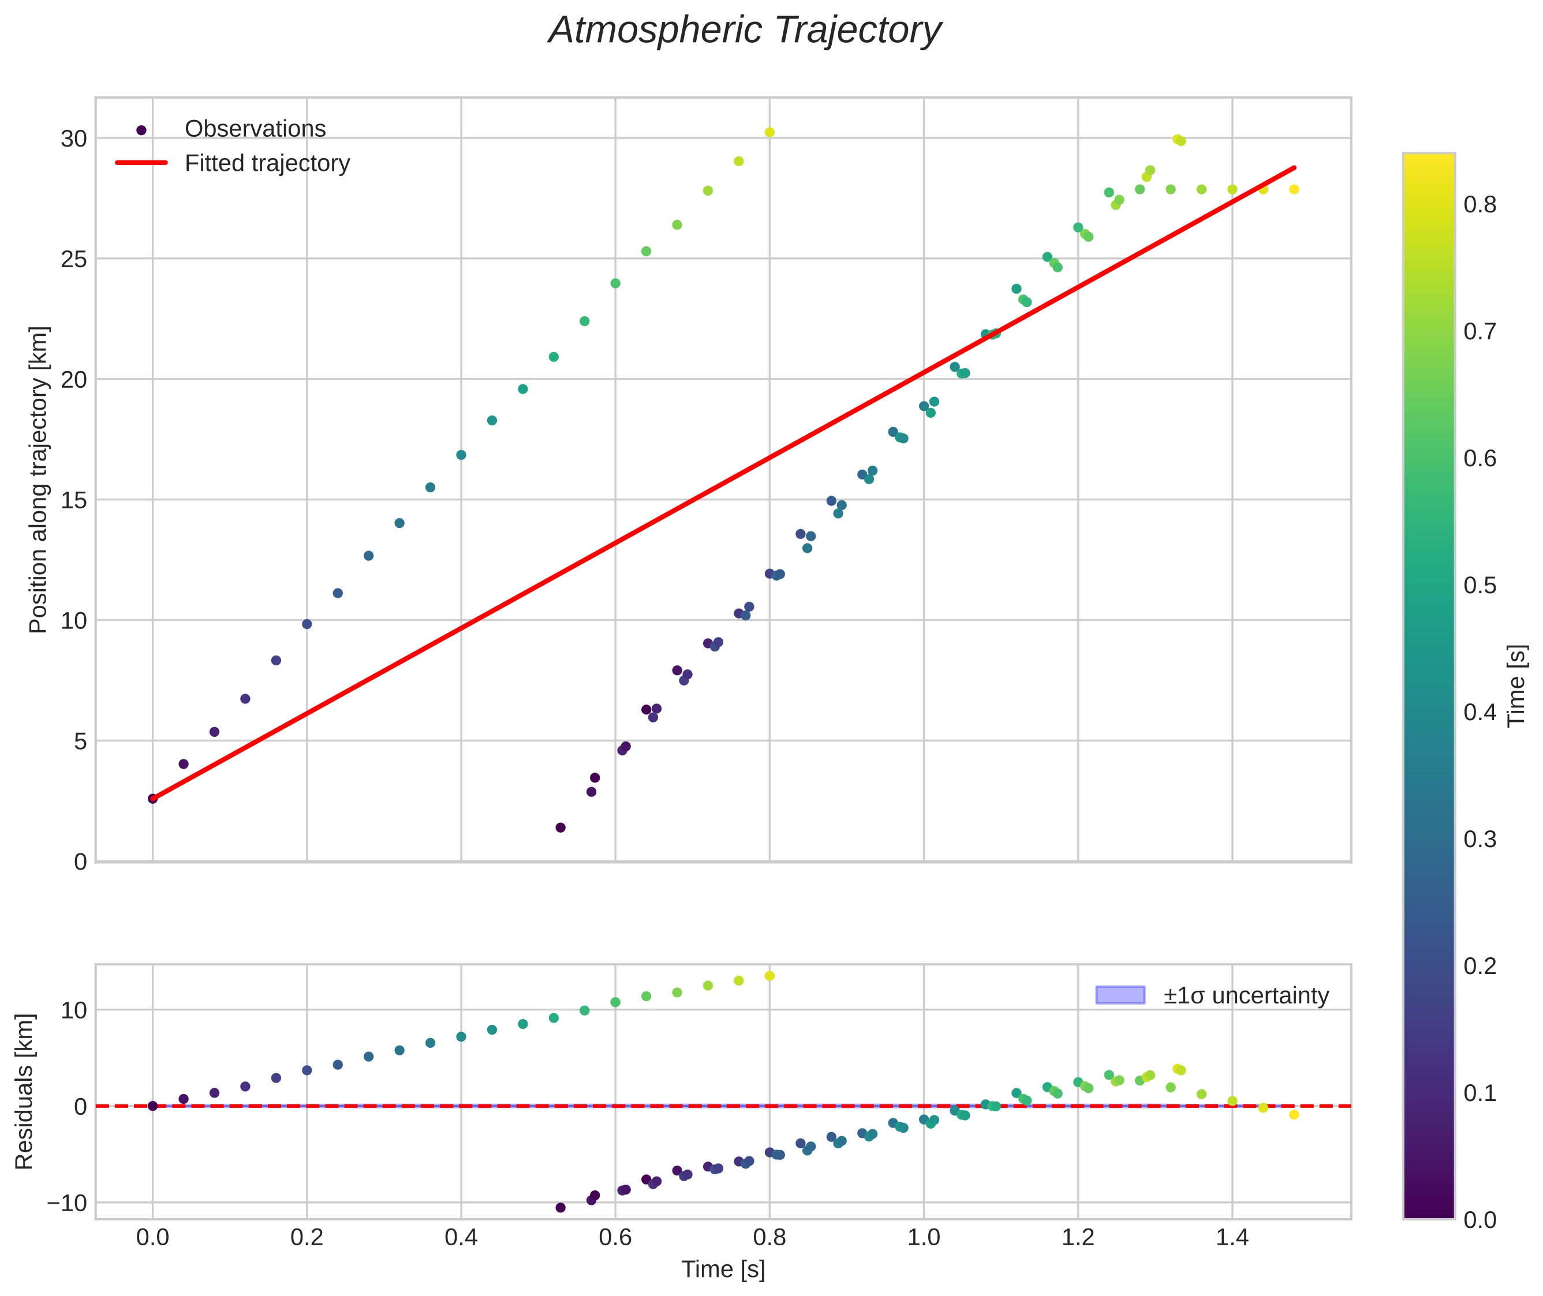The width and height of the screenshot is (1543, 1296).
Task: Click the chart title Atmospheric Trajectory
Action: click(745, 31)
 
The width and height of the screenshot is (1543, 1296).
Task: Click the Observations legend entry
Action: click(255, 129)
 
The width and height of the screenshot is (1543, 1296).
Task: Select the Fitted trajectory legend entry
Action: click(267, 163)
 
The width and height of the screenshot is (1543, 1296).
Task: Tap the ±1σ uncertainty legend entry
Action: click(1245, 995)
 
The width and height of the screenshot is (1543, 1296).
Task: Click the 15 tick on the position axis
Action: click(73, 500)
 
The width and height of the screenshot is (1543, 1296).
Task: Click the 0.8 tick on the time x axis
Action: click(769, 1238)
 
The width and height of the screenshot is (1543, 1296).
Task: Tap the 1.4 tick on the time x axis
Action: click(1232, 1238)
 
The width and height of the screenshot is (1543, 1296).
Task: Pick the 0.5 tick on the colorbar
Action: click(1479, 586)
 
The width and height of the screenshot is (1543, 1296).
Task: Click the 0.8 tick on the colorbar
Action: click(1479, 205)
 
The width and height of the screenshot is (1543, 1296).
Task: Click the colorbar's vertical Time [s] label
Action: click(1516, 686)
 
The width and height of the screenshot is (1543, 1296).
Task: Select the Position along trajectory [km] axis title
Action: click(38, 479)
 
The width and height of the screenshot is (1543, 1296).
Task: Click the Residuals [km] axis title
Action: click(24, 1092)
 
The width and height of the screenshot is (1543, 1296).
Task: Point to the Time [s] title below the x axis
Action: click(723, 1269)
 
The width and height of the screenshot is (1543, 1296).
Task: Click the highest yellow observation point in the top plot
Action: click(769, 132)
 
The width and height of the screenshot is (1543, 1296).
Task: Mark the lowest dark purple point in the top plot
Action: click(560, 827)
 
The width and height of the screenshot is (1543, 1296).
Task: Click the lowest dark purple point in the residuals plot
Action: click(560, 1207)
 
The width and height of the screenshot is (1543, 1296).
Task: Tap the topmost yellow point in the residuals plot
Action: click(769, 976)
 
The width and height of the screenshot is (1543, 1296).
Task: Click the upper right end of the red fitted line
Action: click(1294, 167)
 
